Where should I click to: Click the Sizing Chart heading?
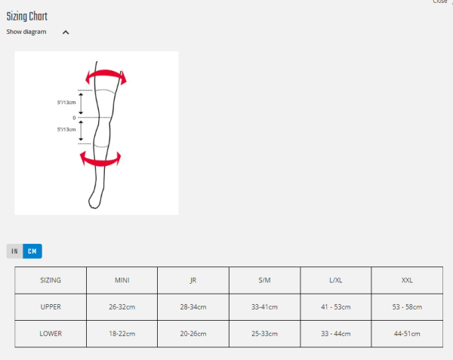coord(27,17)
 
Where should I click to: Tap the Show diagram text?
coord(26,32)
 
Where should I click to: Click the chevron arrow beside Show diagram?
coord(66,32)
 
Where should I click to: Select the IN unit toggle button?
coord(15,251)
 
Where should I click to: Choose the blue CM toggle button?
coord(32,251)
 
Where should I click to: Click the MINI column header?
coord(122,280)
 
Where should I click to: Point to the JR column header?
coord(193,280)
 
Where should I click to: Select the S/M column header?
coord(264,280)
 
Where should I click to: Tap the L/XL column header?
coord(336,280)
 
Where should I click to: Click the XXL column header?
coord(407,280)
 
